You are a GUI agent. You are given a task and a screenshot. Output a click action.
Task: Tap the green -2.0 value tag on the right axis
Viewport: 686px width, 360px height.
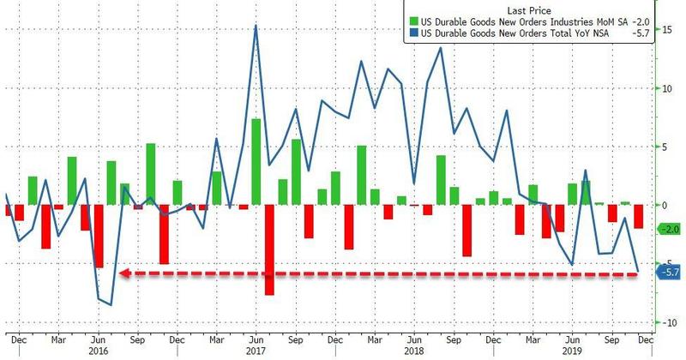668,229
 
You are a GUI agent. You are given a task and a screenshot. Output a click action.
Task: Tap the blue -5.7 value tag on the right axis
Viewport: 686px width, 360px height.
668,272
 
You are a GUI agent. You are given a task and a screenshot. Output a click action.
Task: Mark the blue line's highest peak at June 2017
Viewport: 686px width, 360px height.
256,26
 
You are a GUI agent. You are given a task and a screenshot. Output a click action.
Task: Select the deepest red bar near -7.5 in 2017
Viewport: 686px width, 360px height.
268,249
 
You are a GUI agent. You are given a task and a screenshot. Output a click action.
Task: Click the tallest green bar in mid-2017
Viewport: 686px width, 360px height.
256,162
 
